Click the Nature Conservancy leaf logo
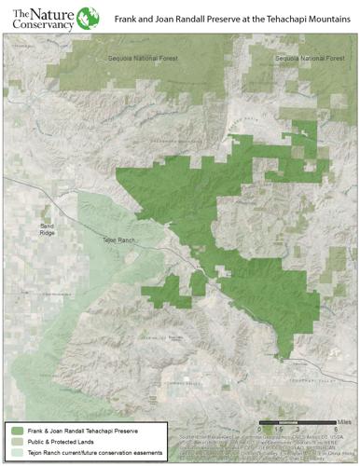point(88,18)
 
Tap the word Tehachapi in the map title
point(280,18)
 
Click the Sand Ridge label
point(48,229)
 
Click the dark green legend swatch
point(19,430)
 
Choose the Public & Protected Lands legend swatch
point(19,441)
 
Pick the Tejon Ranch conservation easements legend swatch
point(19,452)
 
